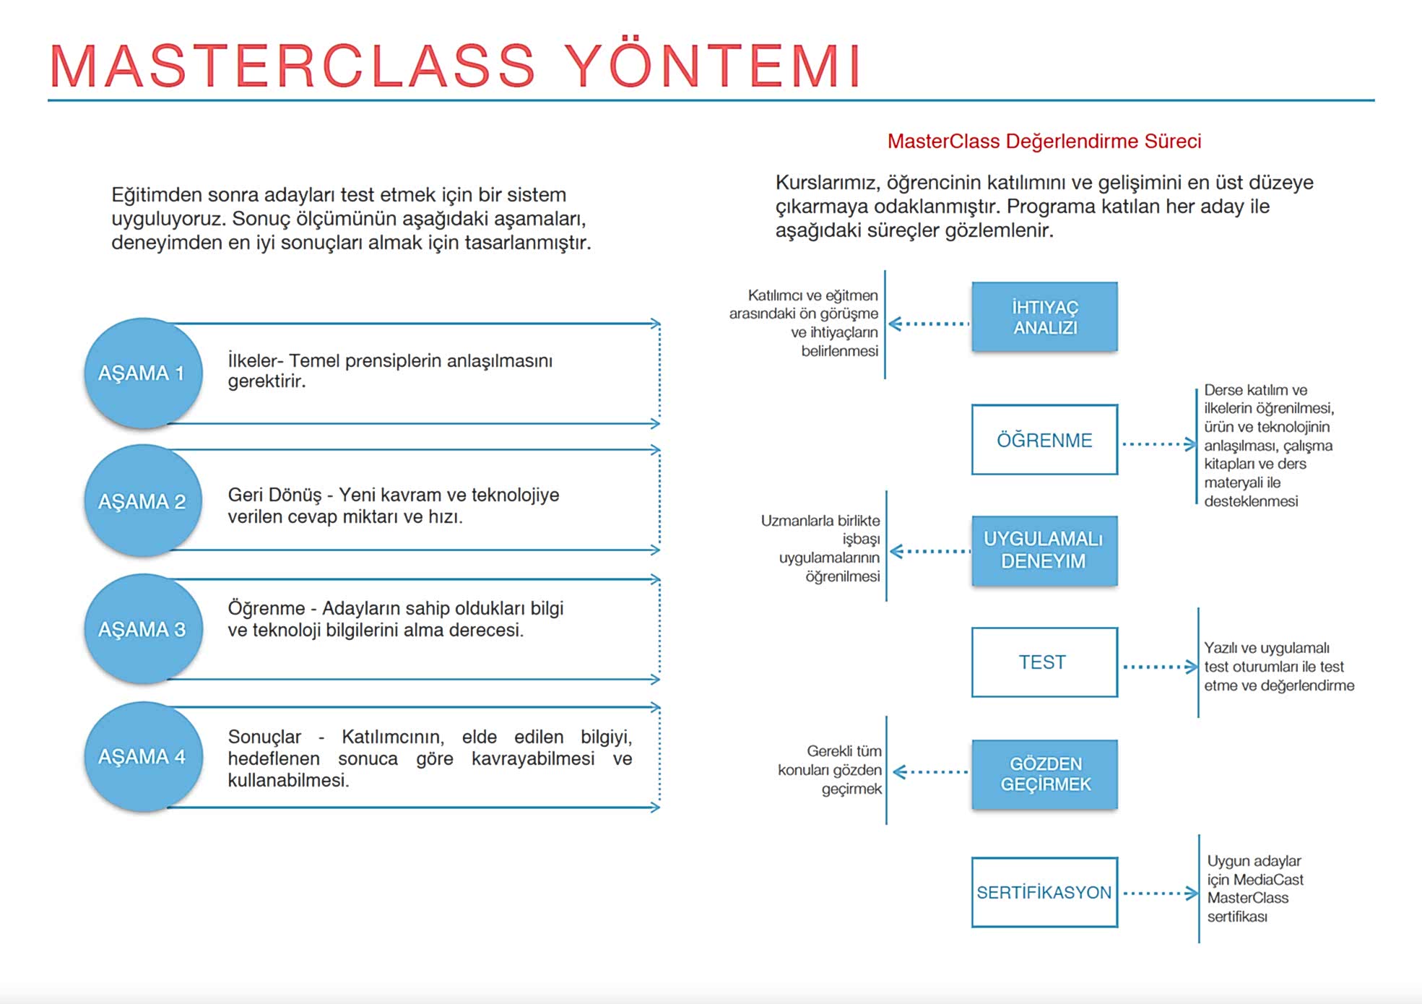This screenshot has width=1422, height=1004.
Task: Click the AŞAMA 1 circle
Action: point(143,373)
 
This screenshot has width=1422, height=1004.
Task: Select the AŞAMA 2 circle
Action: point(143,501)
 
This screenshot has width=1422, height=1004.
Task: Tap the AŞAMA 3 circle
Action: point(143,628)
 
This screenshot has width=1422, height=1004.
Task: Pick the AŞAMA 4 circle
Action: point(143,756)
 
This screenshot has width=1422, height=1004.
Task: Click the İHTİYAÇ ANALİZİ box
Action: point(1044,317)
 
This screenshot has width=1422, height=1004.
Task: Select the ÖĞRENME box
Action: point(1044,440)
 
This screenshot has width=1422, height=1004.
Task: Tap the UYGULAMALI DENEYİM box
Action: point(1044,550)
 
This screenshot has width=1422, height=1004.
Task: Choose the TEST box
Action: point(1044,662)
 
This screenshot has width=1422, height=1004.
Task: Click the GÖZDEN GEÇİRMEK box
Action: point(1044,774)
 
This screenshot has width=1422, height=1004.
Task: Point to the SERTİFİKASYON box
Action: point(1044,892)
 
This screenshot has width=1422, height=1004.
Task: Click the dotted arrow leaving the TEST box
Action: point(1159,667)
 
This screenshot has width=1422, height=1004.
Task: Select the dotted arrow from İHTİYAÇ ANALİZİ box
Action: point(929,324)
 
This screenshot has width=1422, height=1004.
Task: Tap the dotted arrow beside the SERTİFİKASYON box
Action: point(1159,893)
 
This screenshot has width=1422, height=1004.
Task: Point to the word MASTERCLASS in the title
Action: point(292,66)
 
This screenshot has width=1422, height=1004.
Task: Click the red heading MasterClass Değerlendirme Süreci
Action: point(1044,141)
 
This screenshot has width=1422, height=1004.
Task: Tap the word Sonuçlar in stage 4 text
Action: point(264,737)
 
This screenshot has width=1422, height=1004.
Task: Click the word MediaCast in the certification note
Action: point(1268,880)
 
